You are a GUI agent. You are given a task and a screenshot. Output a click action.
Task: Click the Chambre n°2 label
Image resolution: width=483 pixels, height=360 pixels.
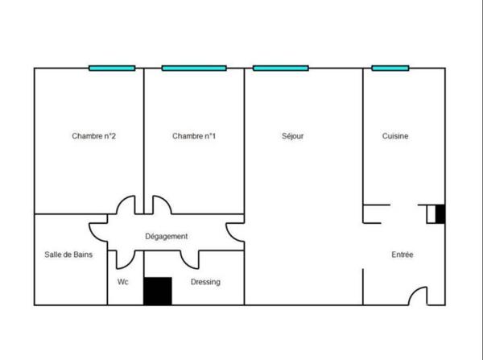click(x=93, y=136)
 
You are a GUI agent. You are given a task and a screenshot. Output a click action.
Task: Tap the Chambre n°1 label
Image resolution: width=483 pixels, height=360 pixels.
click(x=194, y=136)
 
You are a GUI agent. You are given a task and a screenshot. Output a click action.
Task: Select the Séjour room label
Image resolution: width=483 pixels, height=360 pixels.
click(x=293, y=136)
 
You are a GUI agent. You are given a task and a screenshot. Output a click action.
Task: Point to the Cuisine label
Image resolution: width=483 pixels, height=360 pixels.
click(x=395, y=136)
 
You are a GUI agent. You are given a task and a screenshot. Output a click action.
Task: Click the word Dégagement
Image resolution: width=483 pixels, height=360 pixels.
click(x=167, y=237)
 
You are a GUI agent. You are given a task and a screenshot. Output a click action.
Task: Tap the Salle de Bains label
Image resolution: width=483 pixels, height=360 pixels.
click(x=68, y=254)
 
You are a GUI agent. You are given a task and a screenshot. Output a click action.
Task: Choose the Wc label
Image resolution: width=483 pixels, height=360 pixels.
click(x=123, y=282)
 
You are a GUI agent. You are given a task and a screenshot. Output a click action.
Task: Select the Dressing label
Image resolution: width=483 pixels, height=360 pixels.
click(x=205, y=282)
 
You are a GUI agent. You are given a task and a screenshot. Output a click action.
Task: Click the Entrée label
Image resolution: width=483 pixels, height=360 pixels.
click(x=402, y=254)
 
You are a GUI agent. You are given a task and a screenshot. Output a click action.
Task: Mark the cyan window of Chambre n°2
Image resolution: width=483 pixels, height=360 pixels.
click(x=112, y=68)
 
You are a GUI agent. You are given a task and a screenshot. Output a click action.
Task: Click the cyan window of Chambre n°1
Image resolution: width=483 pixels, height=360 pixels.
click(x=194, y=68)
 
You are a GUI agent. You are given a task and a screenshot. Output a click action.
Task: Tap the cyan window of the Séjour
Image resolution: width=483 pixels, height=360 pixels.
click(x=281, y=68)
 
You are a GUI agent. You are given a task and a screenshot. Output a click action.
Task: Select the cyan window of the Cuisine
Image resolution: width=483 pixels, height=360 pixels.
click(x=390, y=68)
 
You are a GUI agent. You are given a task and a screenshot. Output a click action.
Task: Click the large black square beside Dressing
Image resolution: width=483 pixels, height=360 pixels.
click(x=158, y=292)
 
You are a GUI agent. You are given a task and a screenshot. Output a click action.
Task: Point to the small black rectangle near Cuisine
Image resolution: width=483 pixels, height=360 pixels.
click(x=440, y=214)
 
